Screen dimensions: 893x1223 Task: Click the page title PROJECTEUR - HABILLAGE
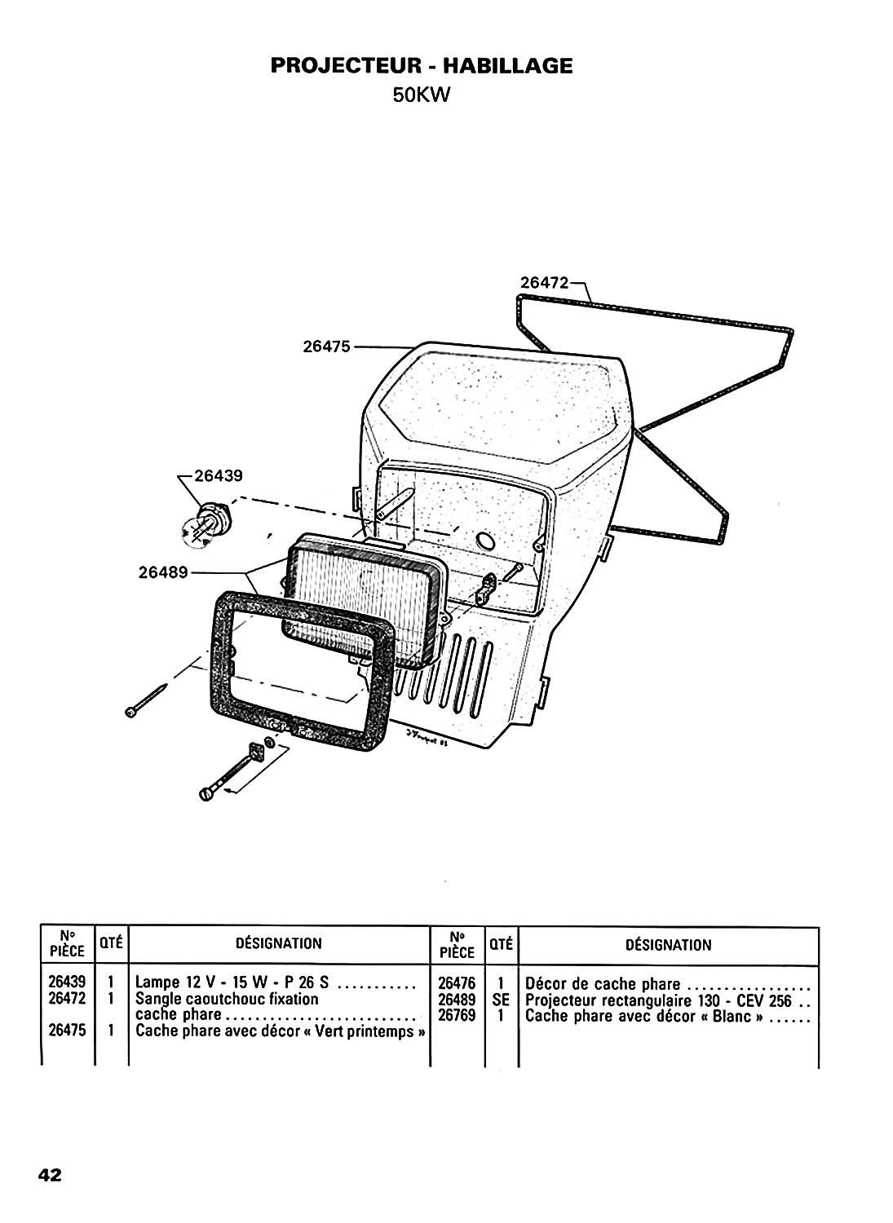click(x=421, y=66)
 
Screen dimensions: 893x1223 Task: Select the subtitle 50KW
click(x=422, y=96)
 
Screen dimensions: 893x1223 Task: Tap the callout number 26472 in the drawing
click(x=544, y=283)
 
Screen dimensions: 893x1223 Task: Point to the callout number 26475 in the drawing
click(x=326, y=347)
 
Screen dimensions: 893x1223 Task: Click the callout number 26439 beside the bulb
click(x=219, y=475)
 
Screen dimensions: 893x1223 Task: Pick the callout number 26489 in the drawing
click(x=163, y=572)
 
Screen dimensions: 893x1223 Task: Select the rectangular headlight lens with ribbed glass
click(x=363, y=601)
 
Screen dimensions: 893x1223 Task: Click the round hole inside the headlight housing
click(x=484, y=541)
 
